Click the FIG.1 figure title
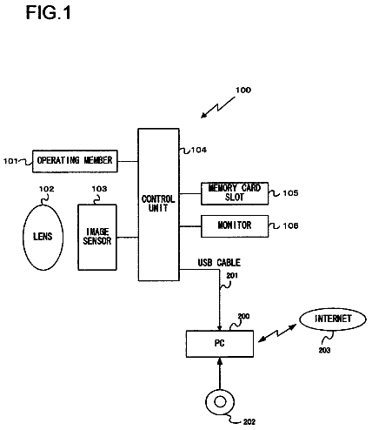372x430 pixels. point(48,13)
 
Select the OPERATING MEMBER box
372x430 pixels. point(75,161)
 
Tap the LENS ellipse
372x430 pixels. point(43,238)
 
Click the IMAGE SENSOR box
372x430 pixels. point(97,238)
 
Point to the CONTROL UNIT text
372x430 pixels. point(158,204)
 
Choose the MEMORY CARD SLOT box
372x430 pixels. point(235,193)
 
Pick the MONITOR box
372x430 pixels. point(235,226)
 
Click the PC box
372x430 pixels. point(220,344)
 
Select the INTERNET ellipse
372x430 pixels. point(333,319)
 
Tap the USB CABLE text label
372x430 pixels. point(219,263)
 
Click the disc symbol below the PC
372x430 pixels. point(220,402)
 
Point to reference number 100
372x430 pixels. point(243,91)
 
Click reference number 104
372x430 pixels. point(199,150)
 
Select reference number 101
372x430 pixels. point(10,161)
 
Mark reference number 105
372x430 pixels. point(290,193)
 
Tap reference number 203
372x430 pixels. point(324,350)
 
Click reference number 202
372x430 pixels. point(249,422)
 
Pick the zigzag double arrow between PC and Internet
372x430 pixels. point(277,333)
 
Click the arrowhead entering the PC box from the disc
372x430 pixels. point(220,361)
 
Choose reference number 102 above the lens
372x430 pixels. point(47,189)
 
